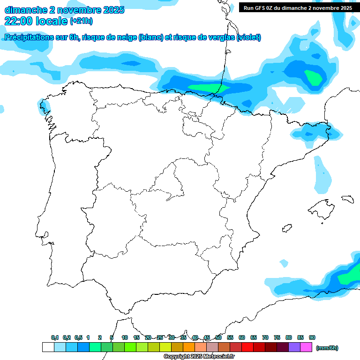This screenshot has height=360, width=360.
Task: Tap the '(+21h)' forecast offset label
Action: [81, 22]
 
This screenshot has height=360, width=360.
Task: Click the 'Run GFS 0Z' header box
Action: [298, 8]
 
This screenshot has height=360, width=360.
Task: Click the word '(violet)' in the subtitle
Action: [249, 37]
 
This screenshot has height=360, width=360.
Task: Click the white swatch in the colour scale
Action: [48, 347]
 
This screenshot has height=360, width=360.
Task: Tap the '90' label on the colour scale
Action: [312, 337]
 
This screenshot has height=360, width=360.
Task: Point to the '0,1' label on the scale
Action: [54, 337]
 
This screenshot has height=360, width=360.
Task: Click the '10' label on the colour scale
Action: [125, 337]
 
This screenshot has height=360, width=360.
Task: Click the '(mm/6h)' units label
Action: [327, 348]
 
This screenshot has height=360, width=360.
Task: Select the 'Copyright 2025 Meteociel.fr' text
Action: [199, 357]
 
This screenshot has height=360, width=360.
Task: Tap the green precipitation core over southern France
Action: [313, 77]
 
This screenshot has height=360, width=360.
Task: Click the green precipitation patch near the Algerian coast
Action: [349, 277]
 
